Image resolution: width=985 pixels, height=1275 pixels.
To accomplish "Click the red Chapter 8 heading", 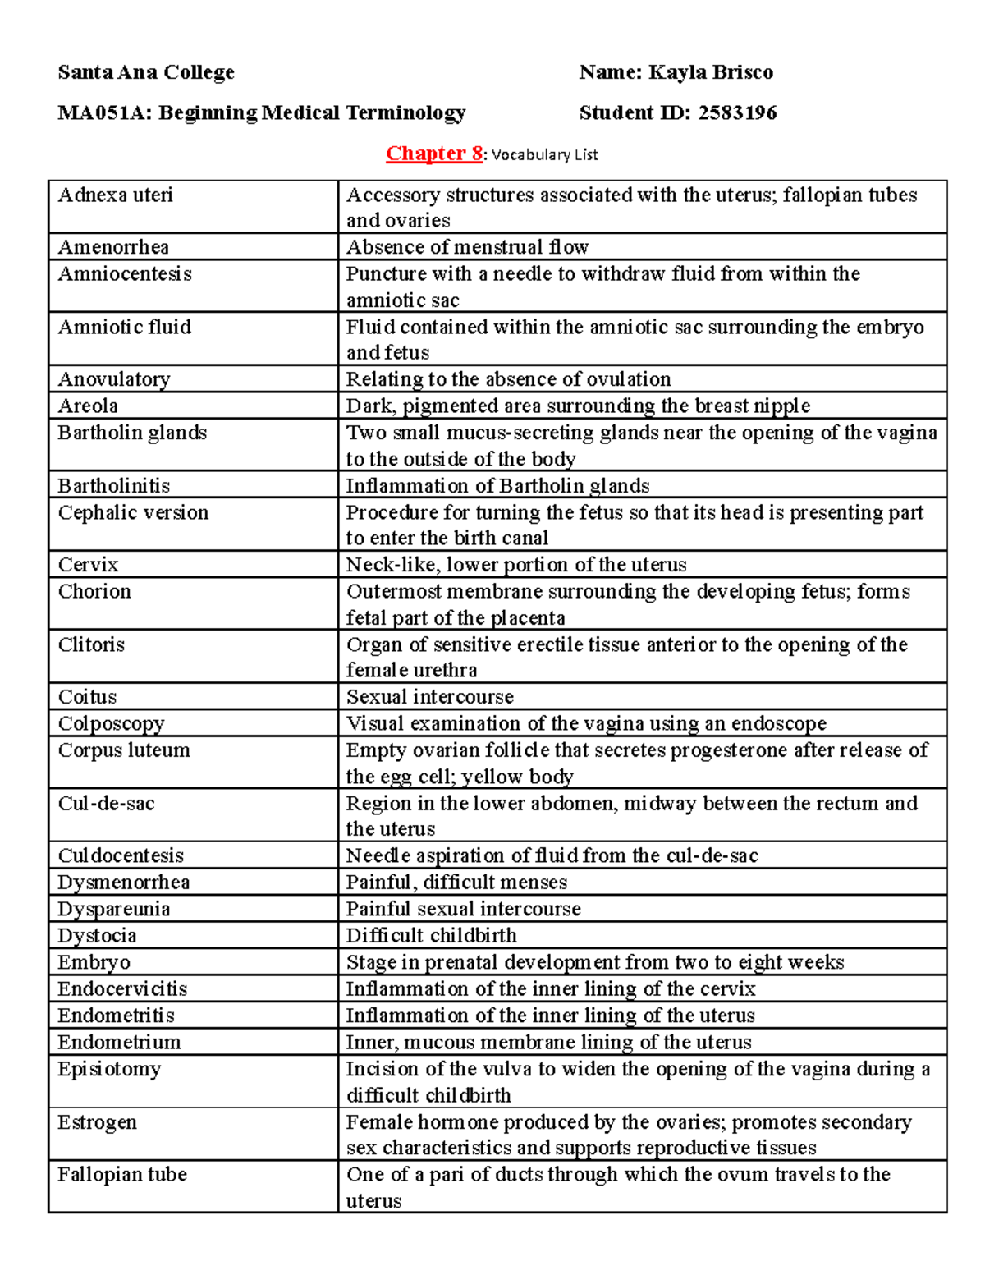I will point(434,154).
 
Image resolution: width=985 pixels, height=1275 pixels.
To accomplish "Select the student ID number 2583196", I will point(737,112).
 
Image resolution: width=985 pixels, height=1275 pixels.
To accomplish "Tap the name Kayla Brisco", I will point(710,72).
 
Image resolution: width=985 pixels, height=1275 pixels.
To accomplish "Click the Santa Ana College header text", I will point(146,72).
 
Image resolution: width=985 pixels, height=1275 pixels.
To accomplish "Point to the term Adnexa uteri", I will point(116,195).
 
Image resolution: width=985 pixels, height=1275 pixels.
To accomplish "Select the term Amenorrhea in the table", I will point(113,247).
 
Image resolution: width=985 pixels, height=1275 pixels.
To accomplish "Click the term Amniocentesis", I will point(125,273).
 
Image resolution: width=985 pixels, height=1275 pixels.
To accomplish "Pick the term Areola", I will point(88,406).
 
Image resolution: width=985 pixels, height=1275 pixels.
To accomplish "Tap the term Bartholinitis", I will point(114,485).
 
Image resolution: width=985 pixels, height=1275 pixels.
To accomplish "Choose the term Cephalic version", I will point(133,512).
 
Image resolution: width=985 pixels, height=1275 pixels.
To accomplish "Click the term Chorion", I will point(94,591).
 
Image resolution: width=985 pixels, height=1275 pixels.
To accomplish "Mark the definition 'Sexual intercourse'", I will point(429,697).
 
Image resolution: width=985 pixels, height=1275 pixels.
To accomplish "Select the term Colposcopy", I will point(111,723).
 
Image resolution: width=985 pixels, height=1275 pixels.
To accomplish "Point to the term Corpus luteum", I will point(124,750).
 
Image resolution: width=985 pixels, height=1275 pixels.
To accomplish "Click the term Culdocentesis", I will point(121,855).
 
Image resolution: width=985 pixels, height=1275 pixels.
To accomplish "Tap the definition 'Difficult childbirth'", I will point(431,935).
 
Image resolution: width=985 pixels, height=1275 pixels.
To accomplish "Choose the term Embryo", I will point(94,962).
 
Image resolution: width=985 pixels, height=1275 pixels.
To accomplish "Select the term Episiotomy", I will point(109,1069).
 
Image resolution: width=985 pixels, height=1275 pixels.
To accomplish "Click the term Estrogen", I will point(97,1122).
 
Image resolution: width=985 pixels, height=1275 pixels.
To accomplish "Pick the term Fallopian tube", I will point(122,1175).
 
